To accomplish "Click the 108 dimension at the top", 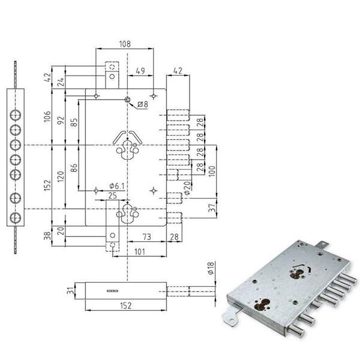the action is [x=125, y=44].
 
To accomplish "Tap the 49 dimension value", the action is [x=140, y=71].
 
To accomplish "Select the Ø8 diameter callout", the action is [x=143, y=104].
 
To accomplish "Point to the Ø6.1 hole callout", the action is [x=117, y=186].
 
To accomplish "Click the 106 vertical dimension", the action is [x=47, y=116].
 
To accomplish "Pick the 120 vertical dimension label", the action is [x=61, y=177].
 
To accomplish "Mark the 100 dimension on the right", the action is [x=212, y=171].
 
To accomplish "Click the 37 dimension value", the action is [x=213, y=208].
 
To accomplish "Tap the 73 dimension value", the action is [x=147, y=237].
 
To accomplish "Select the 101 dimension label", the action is [x=140, y=252].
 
